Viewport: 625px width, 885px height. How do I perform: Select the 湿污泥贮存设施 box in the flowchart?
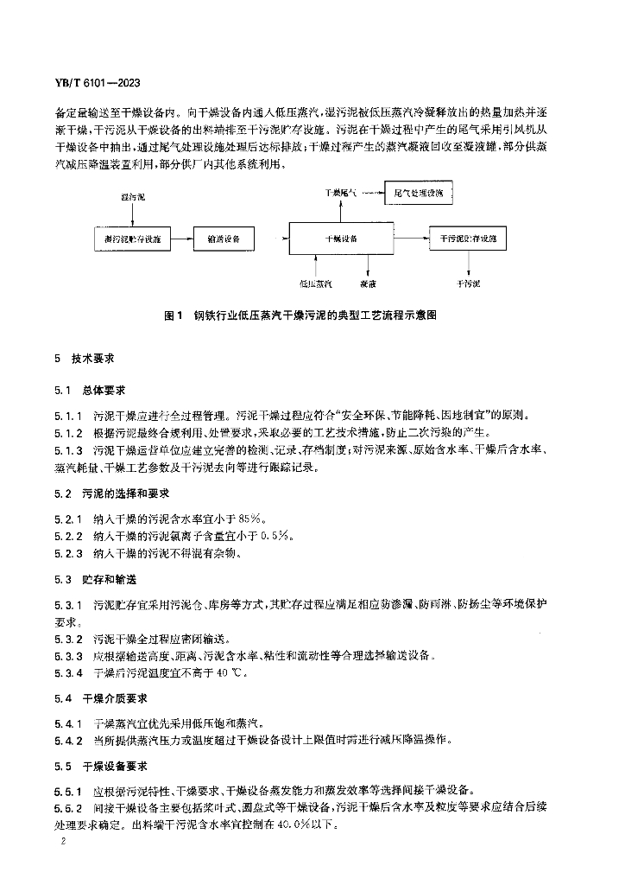tap(131, 237)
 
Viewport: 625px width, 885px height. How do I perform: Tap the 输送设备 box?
tap(224, 237)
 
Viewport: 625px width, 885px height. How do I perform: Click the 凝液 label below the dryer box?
tap(368, 283)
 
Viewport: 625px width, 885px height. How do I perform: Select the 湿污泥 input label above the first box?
tap(132, 198)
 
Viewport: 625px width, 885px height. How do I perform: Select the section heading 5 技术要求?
tap(85, 357)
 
